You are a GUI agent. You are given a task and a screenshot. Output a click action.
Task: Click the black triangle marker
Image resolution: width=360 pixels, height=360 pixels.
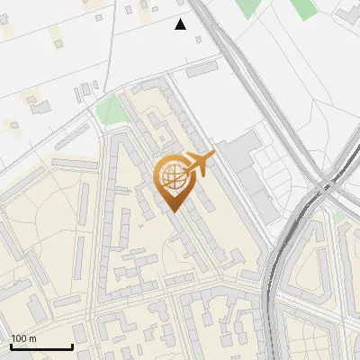181,24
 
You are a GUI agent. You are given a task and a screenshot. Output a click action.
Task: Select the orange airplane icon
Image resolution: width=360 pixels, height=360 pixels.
201,162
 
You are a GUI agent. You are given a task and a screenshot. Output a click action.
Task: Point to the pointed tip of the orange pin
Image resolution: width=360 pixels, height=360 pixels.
174,211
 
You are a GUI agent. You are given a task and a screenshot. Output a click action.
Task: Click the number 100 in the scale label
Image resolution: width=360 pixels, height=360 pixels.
20,338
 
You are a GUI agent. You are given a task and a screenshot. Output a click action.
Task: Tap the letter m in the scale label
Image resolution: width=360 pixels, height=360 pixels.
32,338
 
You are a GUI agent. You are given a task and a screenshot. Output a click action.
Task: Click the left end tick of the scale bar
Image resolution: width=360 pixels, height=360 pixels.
10,346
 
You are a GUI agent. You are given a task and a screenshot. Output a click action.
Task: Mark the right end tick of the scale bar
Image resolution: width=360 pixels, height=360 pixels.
73,346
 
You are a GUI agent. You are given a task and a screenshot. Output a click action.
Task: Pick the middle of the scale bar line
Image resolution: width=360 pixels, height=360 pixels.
41,347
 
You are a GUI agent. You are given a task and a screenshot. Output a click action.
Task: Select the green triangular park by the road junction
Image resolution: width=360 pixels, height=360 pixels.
111,112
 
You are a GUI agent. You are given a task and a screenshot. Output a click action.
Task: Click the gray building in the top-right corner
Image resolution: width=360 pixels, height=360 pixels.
347,13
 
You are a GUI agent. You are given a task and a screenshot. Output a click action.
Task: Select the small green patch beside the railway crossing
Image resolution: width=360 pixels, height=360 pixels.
339,217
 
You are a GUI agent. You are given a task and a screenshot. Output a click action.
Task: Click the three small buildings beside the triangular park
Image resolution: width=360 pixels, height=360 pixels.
86,90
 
